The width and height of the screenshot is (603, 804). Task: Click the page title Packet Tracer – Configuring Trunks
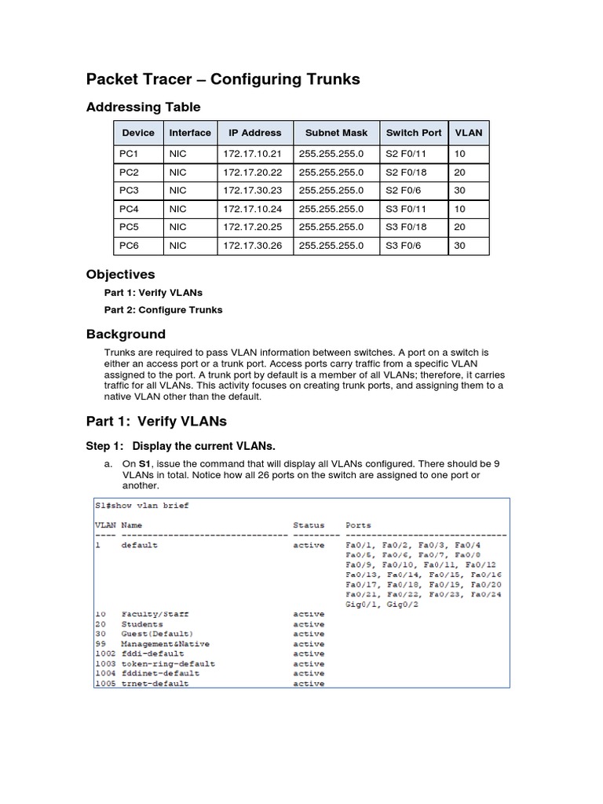pos(222,79)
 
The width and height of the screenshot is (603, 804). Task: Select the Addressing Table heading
pos(143,108)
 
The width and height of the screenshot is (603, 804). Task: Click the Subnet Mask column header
pos(336,133)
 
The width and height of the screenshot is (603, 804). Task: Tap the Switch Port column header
pos(413,133)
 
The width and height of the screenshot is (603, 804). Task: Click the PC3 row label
pos(129,191)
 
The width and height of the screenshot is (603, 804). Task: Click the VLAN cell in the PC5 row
pos(460,228)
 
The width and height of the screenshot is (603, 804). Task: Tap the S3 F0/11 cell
pos(406,209)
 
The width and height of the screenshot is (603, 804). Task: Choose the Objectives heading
pos(120,275)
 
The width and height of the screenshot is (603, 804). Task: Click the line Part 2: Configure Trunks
pos(163,310)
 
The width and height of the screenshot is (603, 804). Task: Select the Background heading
pos(126,334)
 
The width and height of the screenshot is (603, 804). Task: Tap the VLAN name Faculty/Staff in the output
pos(155,614)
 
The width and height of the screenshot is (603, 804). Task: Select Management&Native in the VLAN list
pos(162,644)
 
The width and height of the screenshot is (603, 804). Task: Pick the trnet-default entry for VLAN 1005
pos(155,684)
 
